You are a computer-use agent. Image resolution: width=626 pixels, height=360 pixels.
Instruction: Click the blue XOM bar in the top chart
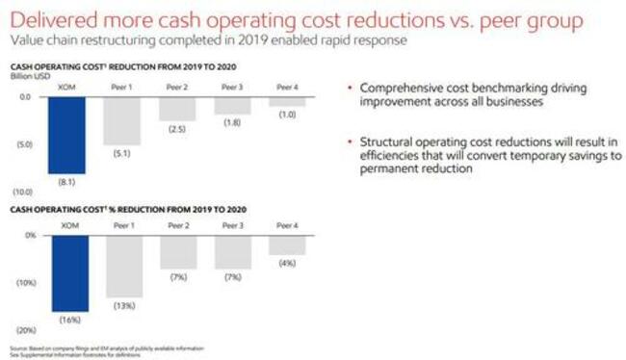pyautogui.click(x=70, y=135)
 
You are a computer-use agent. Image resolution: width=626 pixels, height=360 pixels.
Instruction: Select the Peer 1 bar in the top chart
pyautogui.click(x=122, y=120)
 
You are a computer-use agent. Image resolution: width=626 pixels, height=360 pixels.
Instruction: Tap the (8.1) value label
pyautogui.click(x=70, y=180)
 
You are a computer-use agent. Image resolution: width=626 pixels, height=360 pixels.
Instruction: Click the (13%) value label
pyautogui.click(x=122, y=305)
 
